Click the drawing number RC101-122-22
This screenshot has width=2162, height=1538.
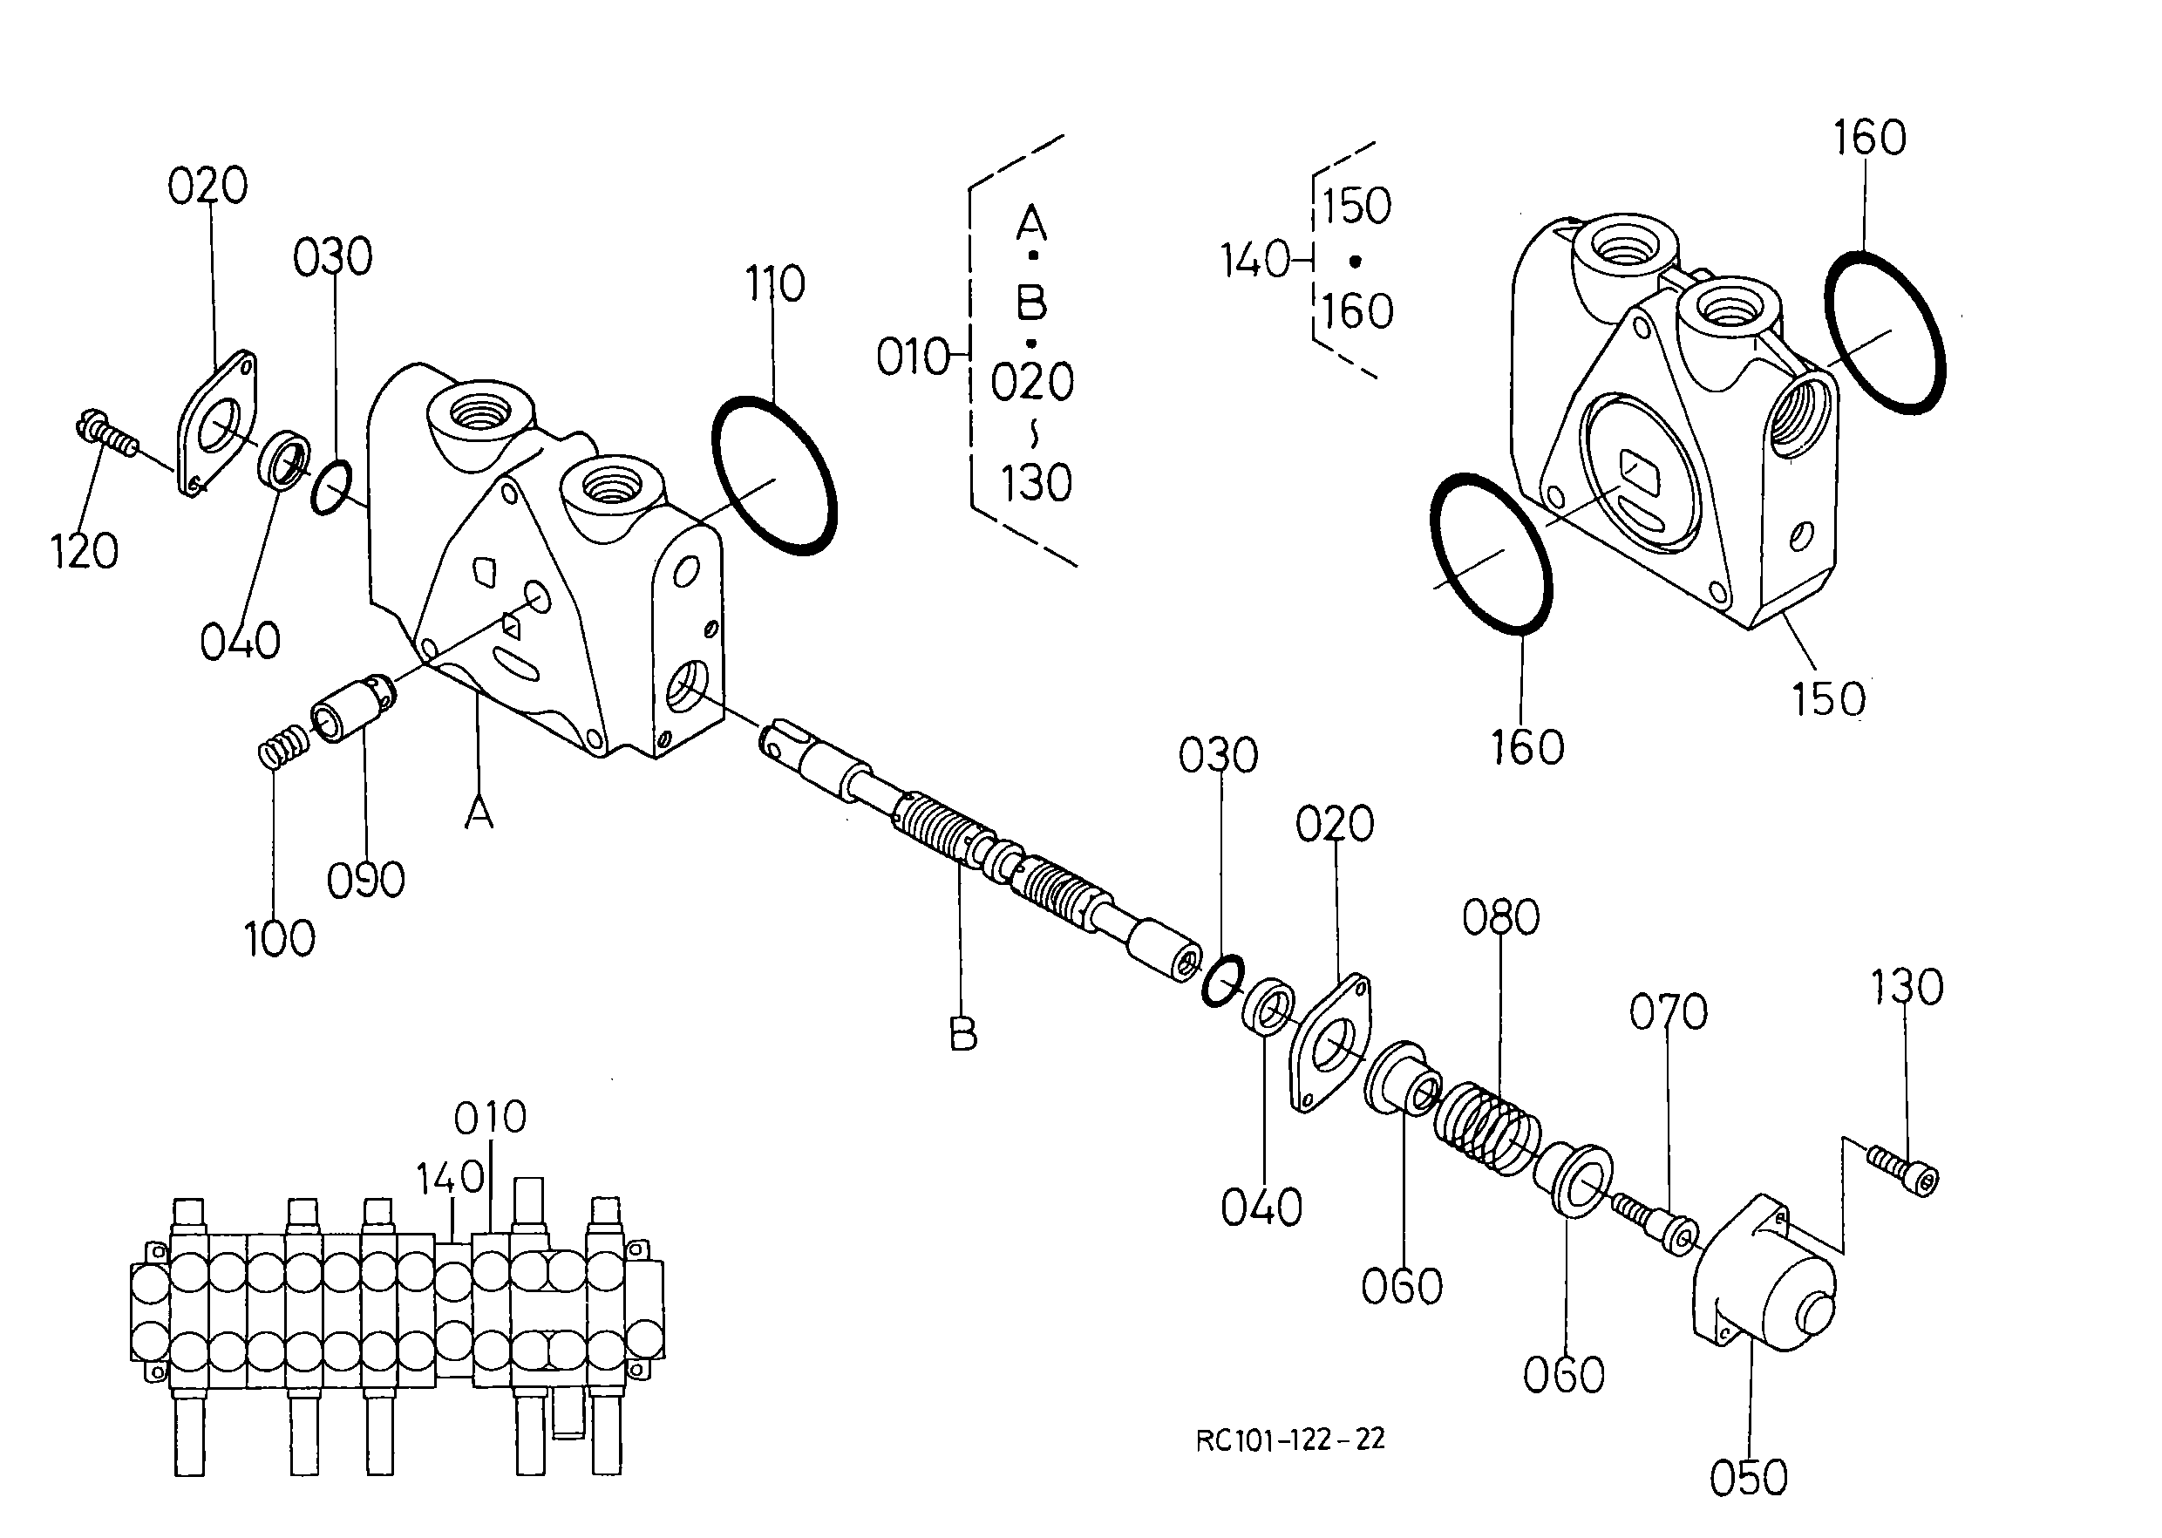(x=1290, y=1439)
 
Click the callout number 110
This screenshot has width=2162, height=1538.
(x=775, y=283)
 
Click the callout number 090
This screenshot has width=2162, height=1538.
(x=365, y=881)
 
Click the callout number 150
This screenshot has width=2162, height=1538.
(x=1828, y=699)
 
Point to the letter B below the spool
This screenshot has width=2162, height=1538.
(x=963, y=1034)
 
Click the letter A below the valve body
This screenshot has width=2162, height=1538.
(x=479, y=813)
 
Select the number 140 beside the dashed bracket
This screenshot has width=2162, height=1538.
(x=1254, y=260)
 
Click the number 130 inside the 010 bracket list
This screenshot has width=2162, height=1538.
(x=1036, y=483)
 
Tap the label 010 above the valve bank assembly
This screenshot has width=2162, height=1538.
(x=490, y=1118)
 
